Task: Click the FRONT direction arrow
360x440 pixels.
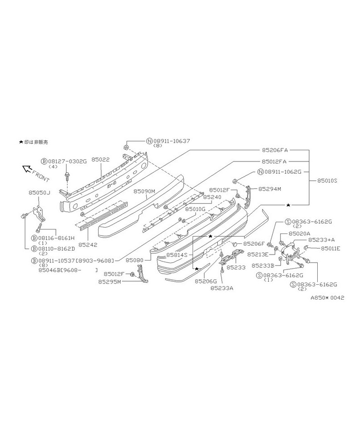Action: [x=27, y=168]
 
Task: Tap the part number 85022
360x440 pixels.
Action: [x=100, y=159]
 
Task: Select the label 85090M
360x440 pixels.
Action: [x=144, y=191]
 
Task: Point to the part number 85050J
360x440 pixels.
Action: [x=40, y=193]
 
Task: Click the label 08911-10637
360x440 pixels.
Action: [x=172, y=141]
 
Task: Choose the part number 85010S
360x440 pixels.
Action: [x=327, y=180]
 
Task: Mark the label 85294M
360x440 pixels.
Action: [x=270, y=189]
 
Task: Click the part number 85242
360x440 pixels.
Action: [x=88, y=244]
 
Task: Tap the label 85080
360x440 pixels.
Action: [x=135, y=260]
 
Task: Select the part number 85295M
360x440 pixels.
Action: [x=110, y=282]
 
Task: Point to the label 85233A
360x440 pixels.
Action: [x=222, y=288]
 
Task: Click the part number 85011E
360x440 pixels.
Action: [x=331, y=248]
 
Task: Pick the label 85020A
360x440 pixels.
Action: [x=299, y=233]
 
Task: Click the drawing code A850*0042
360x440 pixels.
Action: [x=327, y=298]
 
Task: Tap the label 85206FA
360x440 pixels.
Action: [x=275, y=150]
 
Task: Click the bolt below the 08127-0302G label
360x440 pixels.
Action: [x=67, y=176]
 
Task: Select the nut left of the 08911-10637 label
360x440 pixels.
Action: [x=126, y=147]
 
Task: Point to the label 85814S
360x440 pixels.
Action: [x=177, y=255]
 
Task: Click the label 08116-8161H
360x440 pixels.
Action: [x=56, y=238]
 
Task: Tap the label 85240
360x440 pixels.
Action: [x=212, y=197]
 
